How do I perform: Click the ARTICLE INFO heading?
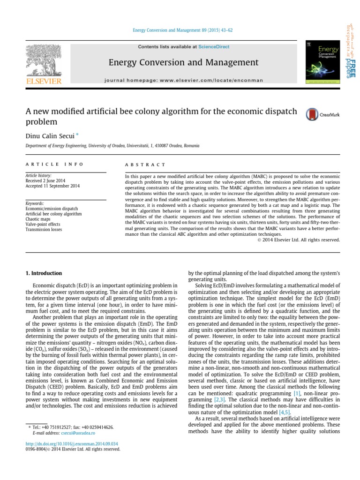pyautogui.click(x=54, y=165)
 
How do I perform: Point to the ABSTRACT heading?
pyautogui.click(x=145, y=165)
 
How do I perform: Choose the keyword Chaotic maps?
pyautogui.click(x=39, y=219)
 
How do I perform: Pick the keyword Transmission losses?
pyautogui.click(x=45, y=230)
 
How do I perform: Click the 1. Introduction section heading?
pyautogui.click(x=43, y=273)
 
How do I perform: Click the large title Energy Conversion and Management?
pyautogui.click(x=183, y=62)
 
